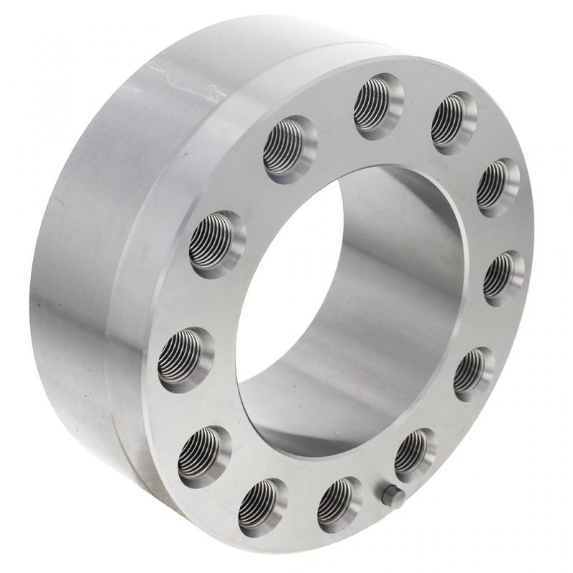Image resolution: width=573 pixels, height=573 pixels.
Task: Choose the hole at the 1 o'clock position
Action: (x=454, y=122)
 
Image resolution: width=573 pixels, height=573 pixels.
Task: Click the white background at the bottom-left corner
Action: (x=21, y=552)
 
